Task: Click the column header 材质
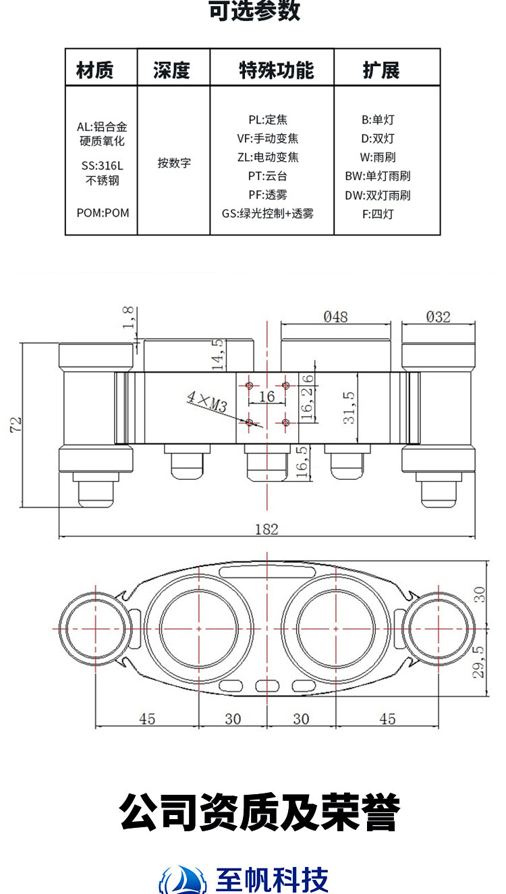[x=94, y=70]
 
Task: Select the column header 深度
[x=171, y=70]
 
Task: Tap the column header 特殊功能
[x=276, y=70]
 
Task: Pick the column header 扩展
[x=381, y=70]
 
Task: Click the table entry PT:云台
[x=267, y=176]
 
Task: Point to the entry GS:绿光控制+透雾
[x=267, y=213]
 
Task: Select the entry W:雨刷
[x=378, y=157]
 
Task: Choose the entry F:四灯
[x=378, y=215]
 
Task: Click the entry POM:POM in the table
[x=103, y=213]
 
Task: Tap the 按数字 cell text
[x=174, y=163]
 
